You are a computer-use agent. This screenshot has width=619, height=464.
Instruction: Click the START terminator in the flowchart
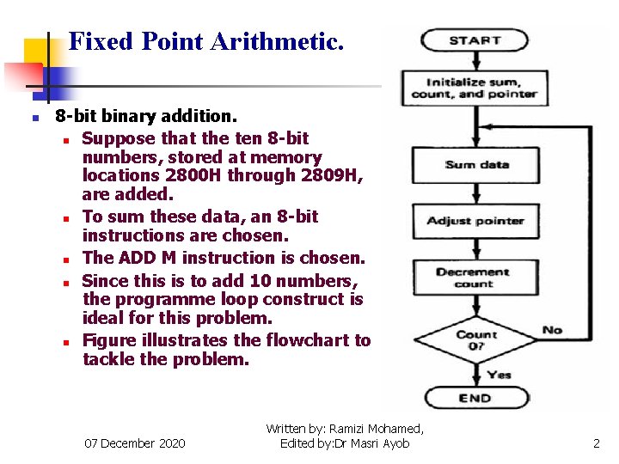coord(475,40)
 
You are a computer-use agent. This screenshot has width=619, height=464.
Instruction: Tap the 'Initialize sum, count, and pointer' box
coord(475,88)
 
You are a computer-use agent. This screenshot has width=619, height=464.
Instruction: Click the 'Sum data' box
coord(476,165)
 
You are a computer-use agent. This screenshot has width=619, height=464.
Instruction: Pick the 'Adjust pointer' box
coord(475,222)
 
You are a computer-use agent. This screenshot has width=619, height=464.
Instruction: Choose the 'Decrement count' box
coord(474,278)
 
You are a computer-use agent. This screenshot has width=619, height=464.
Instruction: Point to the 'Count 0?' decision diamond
coord(475,339)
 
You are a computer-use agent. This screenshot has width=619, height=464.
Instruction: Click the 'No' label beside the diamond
coord(553,330)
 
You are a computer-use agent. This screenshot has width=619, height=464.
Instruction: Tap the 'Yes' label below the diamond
coord(499,375)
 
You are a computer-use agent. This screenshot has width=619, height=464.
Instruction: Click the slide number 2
coord(596,443)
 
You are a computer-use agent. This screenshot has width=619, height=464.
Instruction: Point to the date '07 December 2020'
coord(134,443)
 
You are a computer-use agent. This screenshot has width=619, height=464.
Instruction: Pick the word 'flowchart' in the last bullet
coord(308,340)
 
